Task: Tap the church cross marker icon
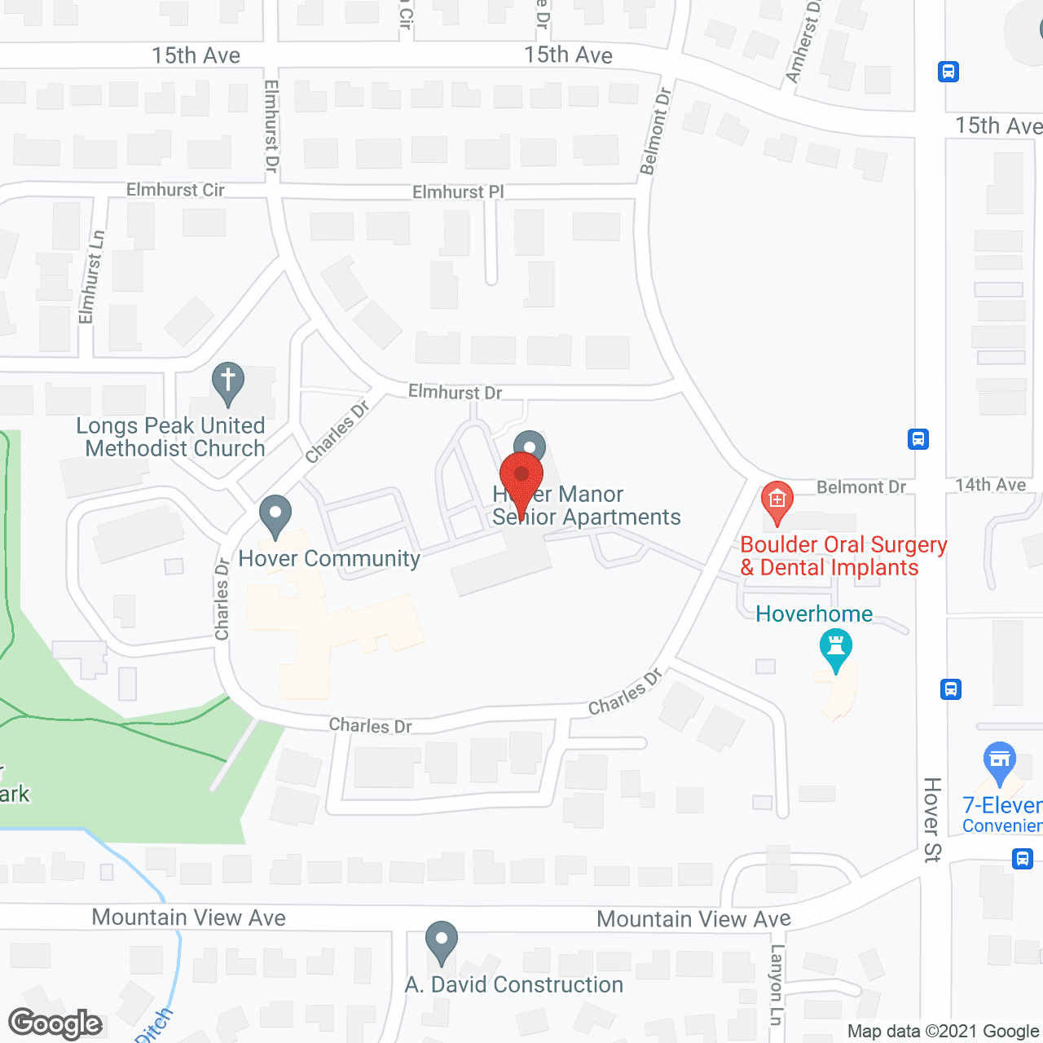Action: pyautogui.click(x=228, y=381)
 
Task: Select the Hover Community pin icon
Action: pyautogui.click(x=275, y=515)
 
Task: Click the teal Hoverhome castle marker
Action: pyautogui.click(x=835, y=651)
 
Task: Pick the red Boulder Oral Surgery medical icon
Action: pyautogui.click(x=777, y=501)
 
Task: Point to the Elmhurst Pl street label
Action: pyautogui.click(x=458, y=192)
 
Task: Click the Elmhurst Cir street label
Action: pyautogui.click(x=175, y=190)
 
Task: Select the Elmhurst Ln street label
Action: pyautogui.click(x=92, y=277)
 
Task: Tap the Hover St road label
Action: pyautogui.click(x=932, y=819)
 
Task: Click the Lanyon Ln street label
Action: pyautogui.click(x=777, y=984)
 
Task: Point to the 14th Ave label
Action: pyautogui.click(x=990, y=486)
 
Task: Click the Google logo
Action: pyautogui.click(x=55, y=1023)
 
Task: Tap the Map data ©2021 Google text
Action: pyautogui.click(x=944, y=1032)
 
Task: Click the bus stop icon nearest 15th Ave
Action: pyautogui.click(x=948, y=72)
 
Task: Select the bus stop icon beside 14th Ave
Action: pyautogui.click(x=918, y=439)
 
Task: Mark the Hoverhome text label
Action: pyautogui.click(x=814, y=614)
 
